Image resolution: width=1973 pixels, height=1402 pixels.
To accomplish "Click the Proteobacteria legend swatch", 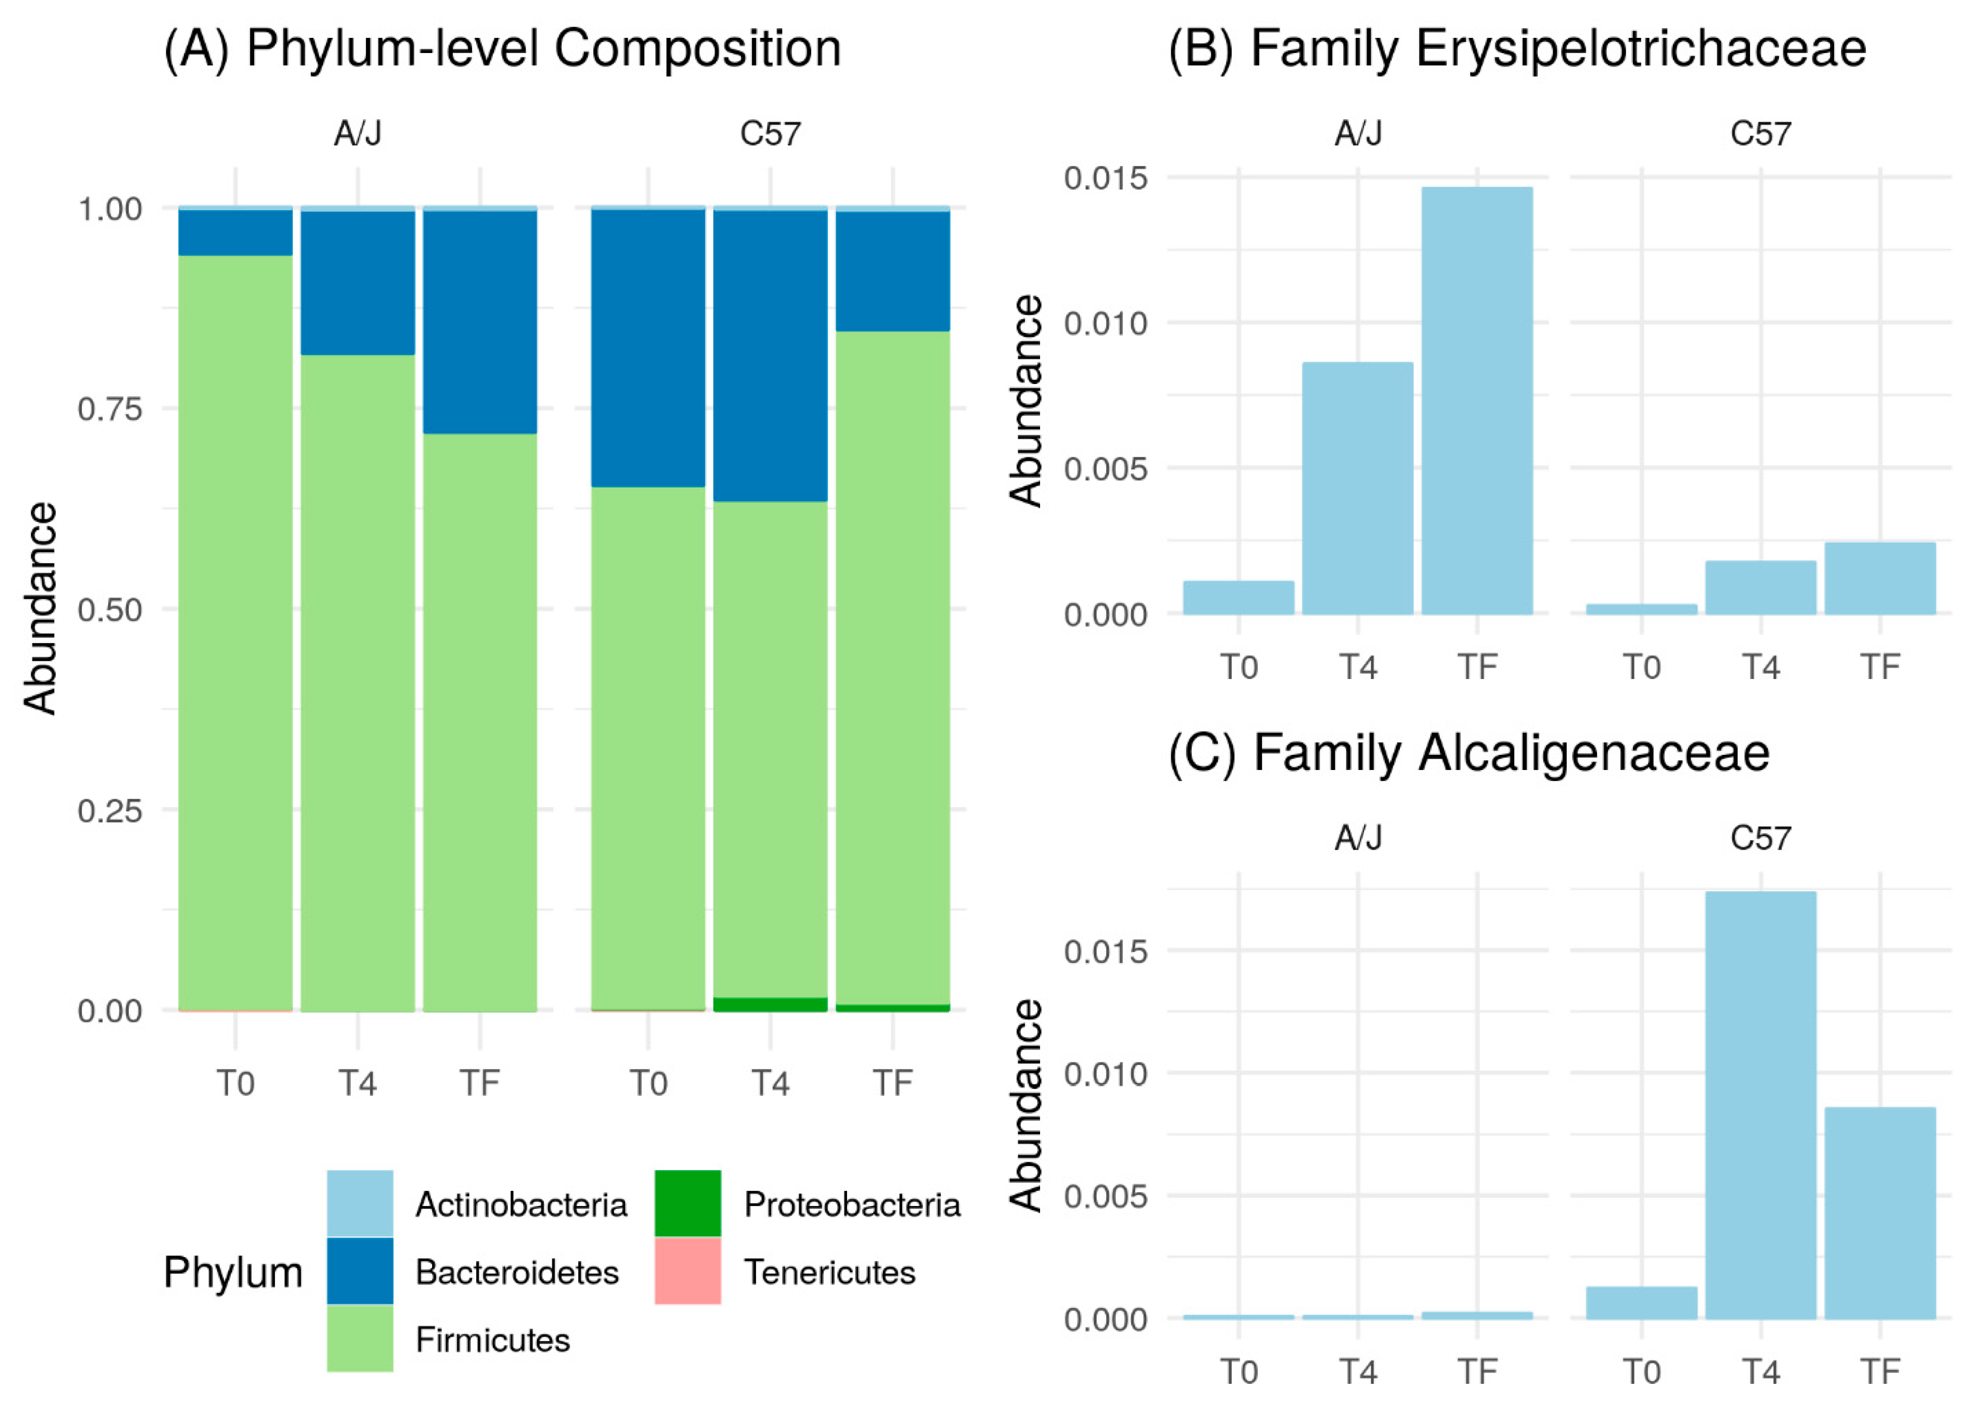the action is (x=687, y=1203).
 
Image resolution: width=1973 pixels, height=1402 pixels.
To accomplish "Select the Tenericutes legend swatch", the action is (x=687, y=1271).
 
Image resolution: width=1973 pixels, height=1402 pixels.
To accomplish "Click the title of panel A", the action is (x=502, y=49).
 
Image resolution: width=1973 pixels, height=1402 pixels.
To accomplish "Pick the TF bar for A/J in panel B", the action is (x=1477, y=401).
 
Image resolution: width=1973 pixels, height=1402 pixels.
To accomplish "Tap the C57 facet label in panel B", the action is (x=1761, y=134).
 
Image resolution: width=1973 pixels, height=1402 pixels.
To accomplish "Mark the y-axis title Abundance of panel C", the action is (x=1026, y=1106).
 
